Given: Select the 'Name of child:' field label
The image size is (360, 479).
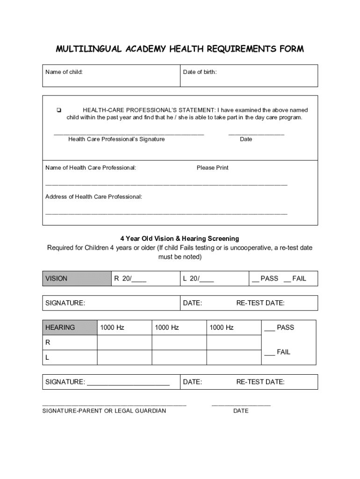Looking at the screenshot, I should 64,72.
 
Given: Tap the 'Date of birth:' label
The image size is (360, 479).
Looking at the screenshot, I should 200,72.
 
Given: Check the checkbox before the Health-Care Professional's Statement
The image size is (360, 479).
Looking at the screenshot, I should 58,110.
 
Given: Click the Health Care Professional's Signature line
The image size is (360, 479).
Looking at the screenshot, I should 129,134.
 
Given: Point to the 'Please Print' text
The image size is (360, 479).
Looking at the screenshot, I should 212,167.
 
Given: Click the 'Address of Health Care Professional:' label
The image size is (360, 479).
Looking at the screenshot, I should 94,196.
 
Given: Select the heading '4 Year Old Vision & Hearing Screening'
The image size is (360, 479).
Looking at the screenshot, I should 180,239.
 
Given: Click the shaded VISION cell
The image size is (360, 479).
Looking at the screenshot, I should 77,278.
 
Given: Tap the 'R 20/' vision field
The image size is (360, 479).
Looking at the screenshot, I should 130,278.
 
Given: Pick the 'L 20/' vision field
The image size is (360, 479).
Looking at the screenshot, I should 198,278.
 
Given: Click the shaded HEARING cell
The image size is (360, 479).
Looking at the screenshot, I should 70,327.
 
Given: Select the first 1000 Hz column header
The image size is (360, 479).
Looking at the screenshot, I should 112,327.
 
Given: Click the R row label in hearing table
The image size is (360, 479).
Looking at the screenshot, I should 48,342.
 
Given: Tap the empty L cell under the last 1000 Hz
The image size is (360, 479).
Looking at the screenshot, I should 233,357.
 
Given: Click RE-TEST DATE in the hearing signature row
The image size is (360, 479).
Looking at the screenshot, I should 260,382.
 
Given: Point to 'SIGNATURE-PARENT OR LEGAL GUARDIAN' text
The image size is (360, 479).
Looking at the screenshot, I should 104,411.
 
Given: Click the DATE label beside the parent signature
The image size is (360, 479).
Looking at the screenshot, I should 241,411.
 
